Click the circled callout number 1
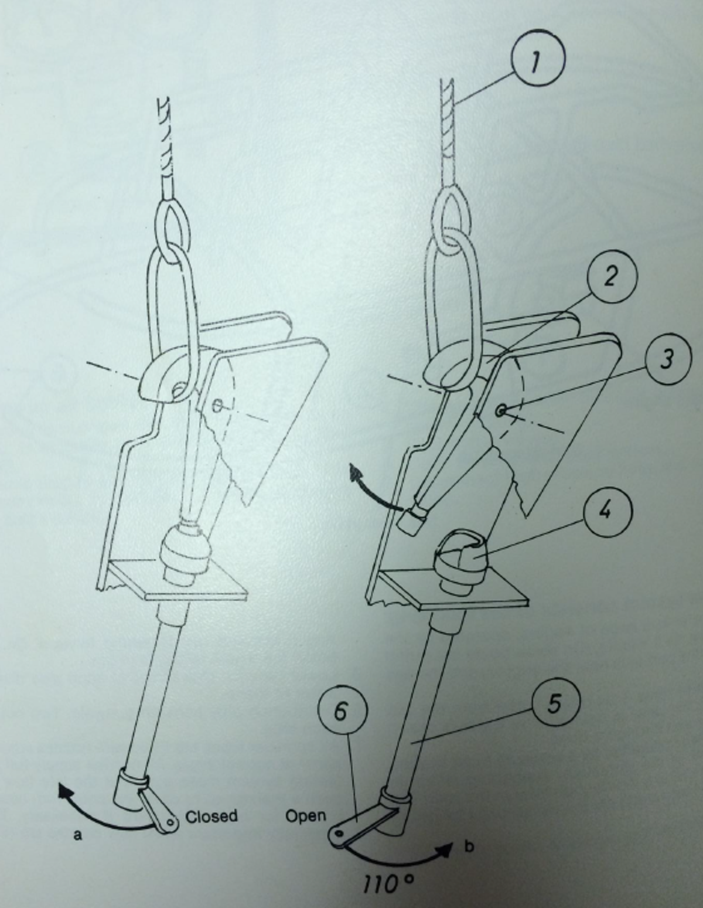(x=537, y=62)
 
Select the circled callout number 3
(x=666, y=359)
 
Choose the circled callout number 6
(x=342, y=712)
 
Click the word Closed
(x=211, y=816)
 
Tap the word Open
(x=305, y=815)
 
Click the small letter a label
(x=77, y=835)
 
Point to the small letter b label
(x=469, y=846)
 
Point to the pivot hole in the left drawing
(x=218, y=404)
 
